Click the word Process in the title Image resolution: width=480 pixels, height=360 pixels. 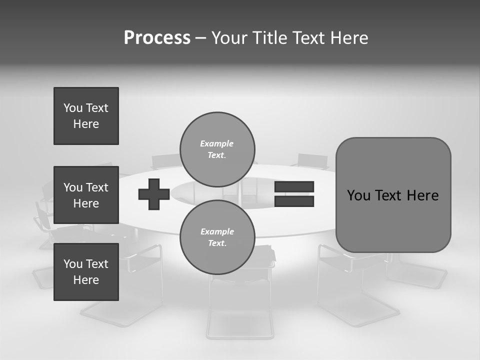tap(157, 38)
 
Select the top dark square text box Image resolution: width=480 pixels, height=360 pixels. tap(86, 116)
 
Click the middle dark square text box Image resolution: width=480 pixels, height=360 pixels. tap(86, 195)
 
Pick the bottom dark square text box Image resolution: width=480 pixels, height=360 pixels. tap(86, 272)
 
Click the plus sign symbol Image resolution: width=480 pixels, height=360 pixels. tap(154, 194)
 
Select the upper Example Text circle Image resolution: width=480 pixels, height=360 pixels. tap(217, 149)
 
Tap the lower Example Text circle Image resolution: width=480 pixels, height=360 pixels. tap(217, 237)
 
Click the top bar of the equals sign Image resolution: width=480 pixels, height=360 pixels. tap(294, 187)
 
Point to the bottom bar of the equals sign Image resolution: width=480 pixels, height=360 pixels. tap(294, 201)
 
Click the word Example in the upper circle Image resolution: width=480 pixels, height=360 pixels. tap(217, 143)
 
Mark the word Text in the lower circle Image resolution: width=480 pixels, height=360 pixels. tap(217, 243)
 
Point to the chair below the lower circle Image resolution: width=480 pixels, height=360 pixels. tap(240, 305)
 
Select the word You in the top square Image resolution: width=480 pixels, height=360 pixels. tap(72, 108)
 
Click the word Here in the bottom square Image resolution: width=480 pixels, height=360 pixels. tap(86, 280)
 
